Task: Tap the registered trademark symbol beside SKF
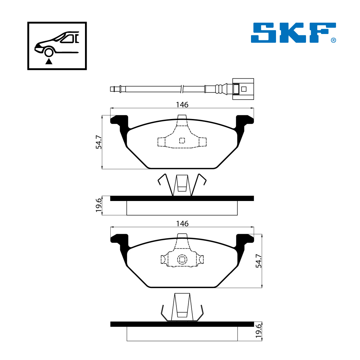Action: click(333, 40)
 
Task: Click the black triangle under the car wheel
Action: click(49, 61)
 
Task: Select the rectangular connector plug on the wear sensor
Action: click(243, 89)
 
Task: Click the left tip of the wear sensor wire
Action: click(110, 89)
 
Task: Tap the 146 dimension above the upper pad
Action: click(182, 105)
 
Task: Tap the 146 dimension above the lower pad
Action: click(182, 224)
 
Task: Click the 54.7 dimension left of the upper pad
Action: click(98, 142)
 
